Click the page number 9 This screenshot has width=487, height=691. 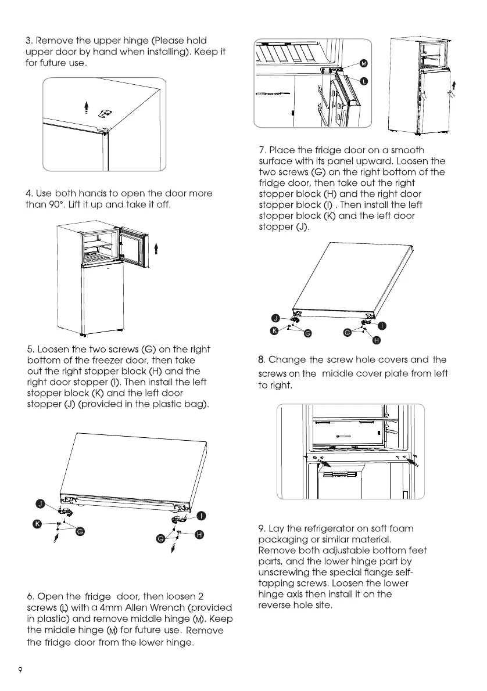tap(20, 670)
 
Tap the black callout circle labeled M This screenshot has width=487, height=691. tap(364, 63)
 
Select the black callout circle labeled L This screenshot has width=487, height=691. tap(364, 81)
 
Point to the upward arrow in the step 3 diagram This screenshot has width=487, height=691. tap(86, 107)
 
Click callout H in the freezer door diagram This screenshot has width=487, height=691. tap(198, 535)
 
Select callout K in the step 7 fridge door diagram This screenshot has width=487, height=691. tap(274, 330)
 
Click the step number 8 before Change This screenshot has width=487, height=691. tap(262, 360)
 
